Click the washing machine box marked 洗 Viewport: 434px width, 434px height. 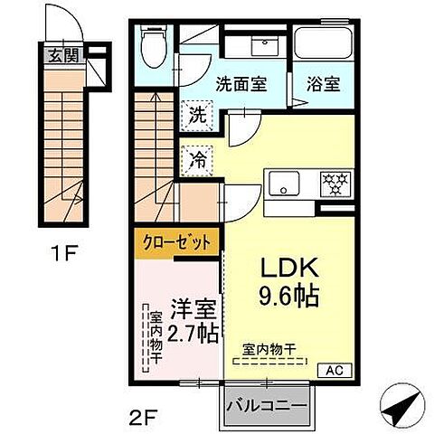pyautogui.click(x=196, y=116)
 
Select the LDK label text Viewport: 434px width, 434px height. pyautogui.click(x=288, y=269)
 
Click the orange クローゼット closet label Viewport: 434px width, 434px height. pyautogui.click(x=178, y=242)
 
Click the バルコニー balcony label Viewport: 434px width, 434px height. pyautogui.click(x=265, y=404)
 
